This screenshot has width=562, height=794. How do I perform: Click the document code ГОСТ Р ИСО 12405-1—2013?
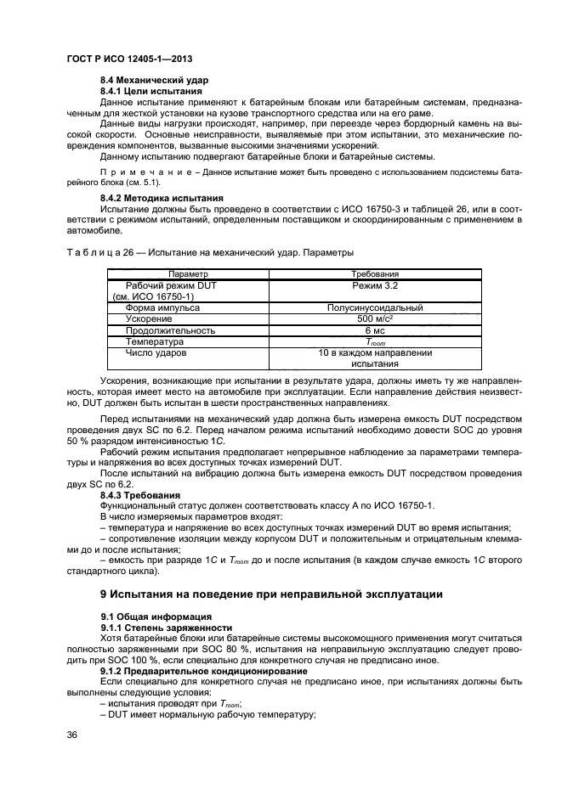(128, 59)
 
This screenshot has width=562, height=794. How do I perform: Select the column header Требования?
(375, 274)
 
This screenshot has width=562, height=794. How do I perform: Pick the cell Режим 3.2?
(375, 286)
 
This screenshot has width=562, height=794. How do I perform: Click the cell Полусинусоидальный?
(375, 308)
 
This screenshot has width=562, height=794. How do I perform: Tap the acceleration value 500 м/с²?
(375, 319)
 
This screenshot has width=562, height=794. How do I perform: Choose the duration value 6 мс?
(375, 330)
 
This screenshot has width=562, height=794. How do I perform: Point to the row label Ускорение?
(150, 319)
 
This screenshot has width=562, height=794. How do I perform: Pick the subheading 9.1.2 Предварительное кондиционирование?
(204, 671)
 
